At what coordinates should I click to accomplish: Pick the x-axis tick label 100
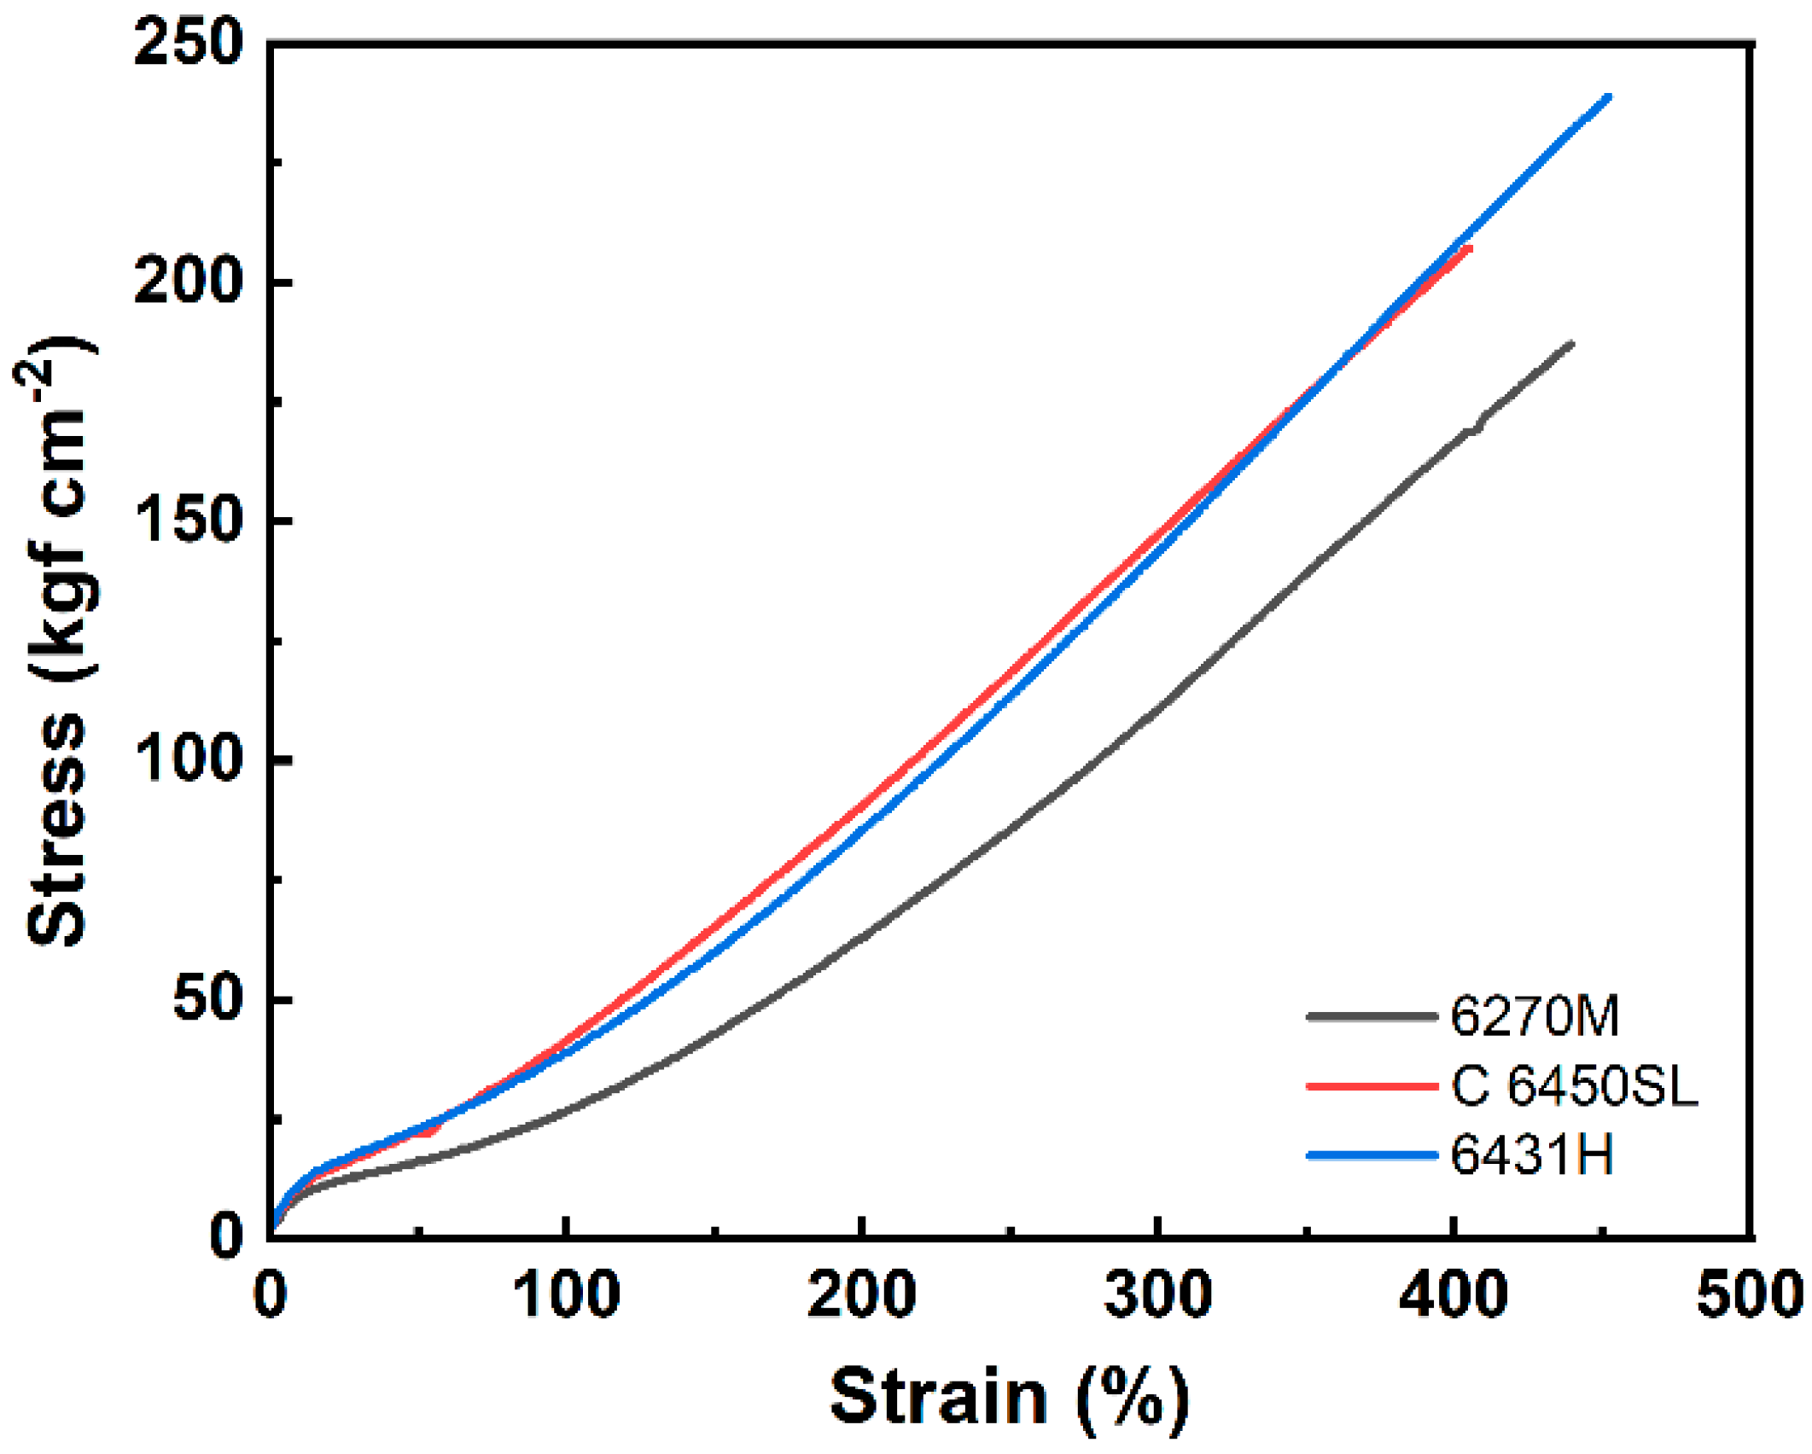pyautogui.click(x=566, y=1294)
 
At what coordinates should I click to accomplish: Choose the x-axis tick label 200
pyautogui.click(x=862, y=1294)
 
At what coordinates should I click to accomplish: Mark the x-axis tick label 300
pyautogui.click(x=1158, y=1294)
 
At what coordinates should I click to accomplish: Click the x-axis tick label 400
pyautogui.click(x=1454, y=1294)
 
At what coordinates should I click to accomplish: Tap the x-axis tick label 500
pyautogui.click(x=1750, y=1294)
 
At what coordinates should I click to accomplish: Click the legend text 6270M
pyautogui.click(x=1535, y=1016)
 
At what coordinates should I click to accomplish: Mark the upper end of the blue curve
pyautogui.click(x=1609, y=96)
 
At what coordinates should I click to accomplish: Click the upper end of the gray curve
pyautogui.click(x=1571, y=344)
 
